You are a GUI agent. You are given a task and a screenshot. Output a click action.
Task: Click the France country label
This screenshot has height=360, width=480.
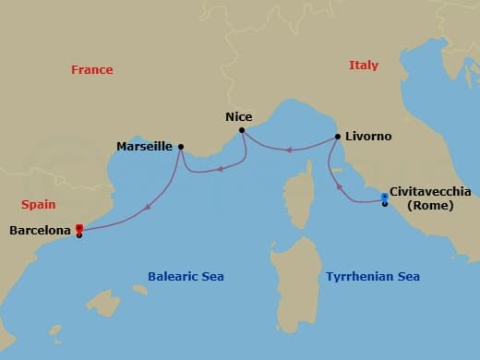pyautogui.click(x=92, y=70)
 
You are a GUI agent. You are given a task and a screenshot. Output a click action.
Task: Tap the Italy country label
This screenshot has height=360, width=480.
pyautogui.click(x=364, y=66)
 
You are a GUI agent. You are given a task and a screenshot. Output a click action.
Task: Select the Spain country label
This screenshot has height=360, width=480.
pyautogui.click(x=38, y=205)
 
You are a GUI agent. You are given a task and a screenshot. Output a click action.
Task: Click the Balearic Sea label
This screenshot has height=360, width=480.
pyautogui.click(x=186, y=277)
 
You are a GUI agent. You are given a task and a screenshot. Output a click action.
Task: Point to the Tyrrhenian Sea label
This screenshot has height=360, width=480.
pyautogui.click(x=373, y=277)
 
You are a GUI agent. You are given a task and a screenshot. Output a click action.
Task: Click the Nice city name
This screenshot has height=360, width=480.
pyautogui.click(x=239, y=117)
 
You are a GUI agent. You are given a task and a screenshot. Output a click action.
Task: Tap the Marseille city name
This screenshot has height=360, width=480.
pyautogui.click(x=145, y=146)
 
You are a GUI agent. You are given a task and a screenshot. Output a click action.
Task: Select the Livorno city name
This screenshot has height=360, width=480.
pyautogui.click(x=369, y=137)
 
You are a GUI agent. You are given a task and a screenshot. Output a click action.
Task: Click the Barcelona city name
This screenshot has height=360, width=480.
pyautogui.click(x=40, y=231)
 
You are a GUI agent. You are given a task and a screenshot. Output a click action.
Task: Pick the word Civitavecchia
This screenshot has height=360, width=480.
pyautogui.click(x=430, y=192)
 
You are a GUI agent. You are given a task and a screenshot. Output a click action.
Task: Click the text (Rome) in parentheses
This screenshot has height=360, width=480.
pyautogui.click(x=430, y=205)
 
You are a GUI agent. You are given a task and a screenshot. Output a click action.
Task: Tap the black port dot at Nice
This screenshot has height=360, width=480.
pyautogui.click(x=242, y=130)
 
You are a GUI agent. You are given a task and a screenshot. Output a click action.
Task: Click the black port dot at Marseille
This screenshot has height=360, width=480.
pyautogui.click(x=181, y=146)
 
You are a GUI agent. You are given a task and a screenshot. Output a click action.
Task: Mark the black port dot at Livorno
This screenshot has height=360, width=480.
pyautogui.click(x=338, y=137)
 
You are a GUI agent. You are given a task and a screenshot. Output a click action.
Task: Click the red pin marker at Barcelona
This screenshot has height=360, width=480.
pyautogui.click(x=79, y=228)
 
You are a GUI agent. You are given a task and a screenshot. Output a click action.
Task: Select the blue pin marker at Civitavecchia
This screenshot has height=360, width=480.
pyautogui.click(x=384, y=197)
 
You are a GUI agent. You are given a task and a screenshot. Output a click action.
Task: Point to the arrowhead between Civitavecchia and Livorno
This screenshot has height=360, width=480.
pyautogui.click(x=339, y=188)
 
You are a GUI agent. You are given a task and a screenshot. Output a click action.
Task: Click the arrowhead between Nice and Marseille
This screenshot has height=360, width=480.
pyautogui.click(x=219, y=169)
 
